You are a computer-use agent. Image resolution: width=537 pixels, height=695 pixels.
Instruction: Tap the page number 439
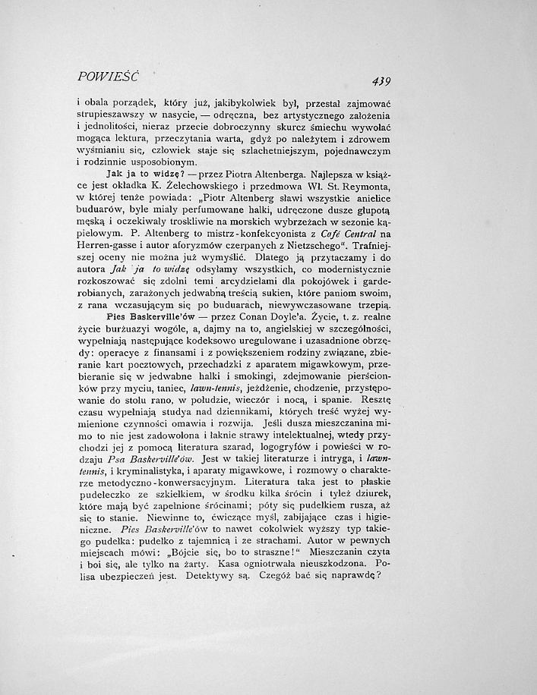point(377,81)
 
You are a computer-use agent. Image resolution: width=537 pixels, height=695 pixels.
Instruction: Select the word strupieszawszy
point(112,115)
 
